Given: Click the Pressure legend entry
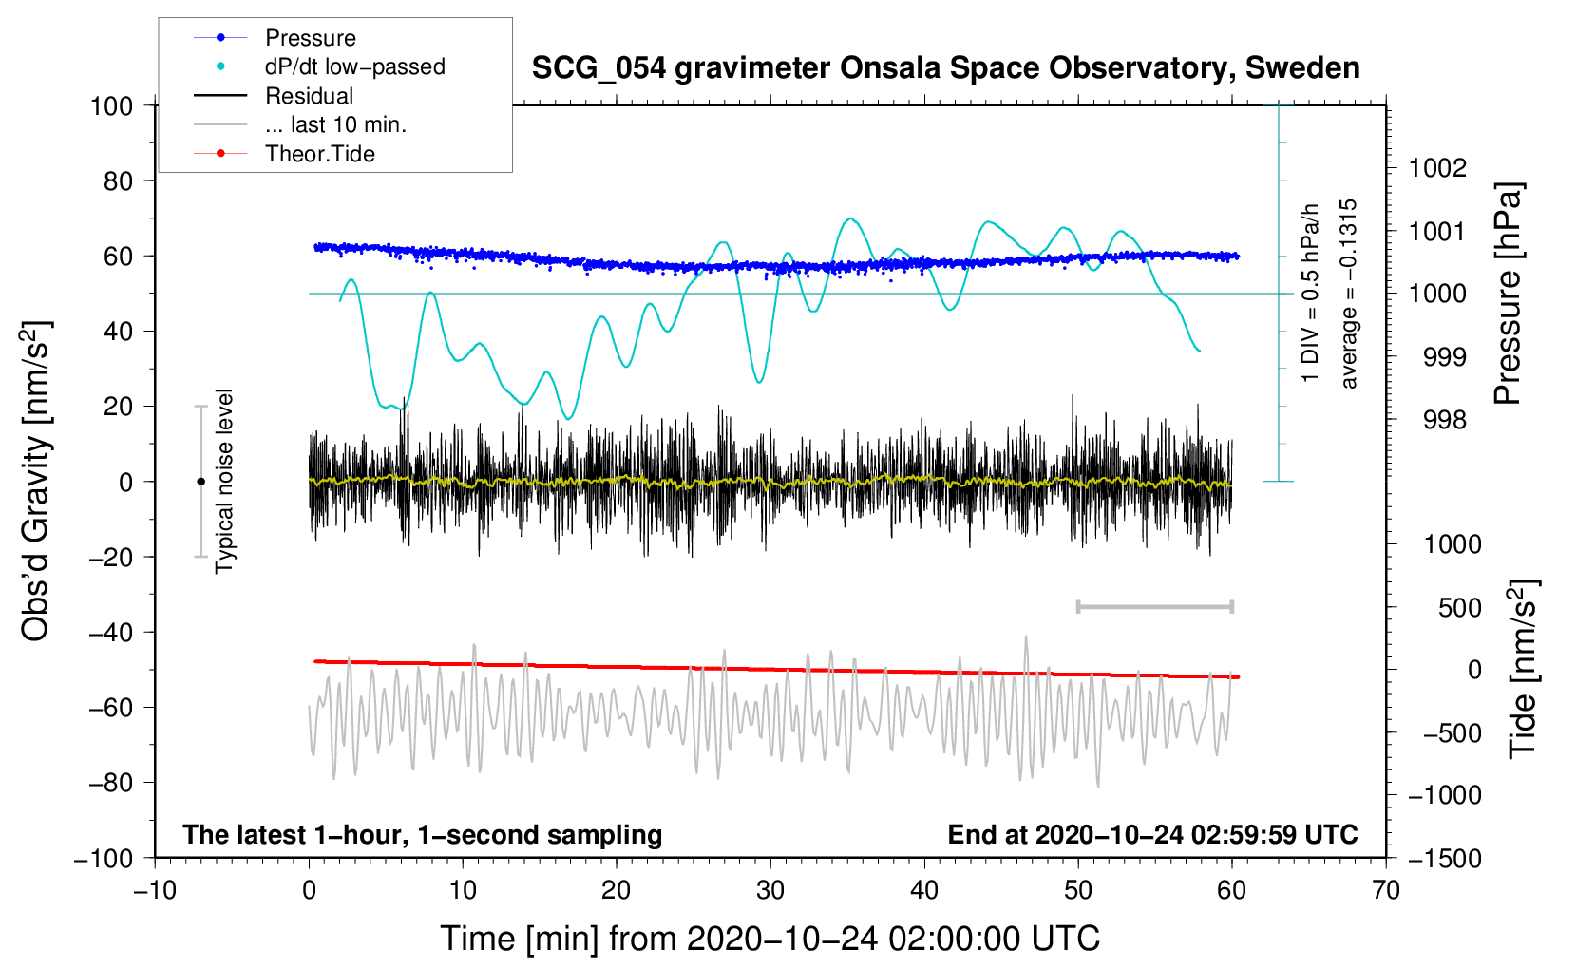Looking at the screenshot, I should pos(310,38).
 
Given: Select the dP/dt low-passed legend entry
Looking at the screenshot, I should pos(354,66).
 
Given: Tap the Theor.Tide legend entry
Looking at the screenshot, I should pos(319,154).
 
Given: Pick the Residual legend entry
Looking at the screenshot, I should pos(309,96).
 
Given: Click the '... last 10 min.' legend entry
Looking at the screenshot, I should pos(335,124).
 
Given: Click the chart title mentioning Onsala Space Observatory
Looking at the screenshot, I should pos(945,68).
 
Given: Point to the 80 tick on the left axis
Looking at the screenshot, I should pos(118,180).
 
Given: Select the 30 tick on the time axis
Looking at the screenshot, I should pos(770,890).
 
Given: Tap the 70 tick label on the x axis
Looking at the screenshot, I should pos(1386,890).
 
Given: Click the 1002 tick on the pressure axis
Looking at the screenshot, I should pos(1437,168).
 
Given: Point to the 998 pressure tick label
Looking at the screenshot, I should pos(1444,419).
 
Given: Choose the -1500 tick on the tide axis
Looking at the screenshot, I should pos(1444,858).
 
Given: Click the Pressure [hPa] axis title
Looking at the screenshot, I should pos(1508,294).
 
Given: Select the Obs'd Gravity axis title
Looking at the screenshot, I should pos(36,482).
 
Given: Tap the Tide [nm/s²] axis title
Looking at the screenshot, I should pos(1523,667).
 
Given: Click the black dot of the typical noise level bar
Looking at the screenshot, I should pos(200,482).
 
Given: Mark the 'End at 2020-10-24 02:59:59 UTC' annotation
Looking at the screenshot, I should pos(1152,834).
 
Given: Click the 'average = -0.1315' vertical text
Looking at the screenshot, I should pos(1348,294).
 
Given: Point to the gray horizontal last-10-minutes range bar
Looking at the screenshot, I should pos(1154,606).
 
